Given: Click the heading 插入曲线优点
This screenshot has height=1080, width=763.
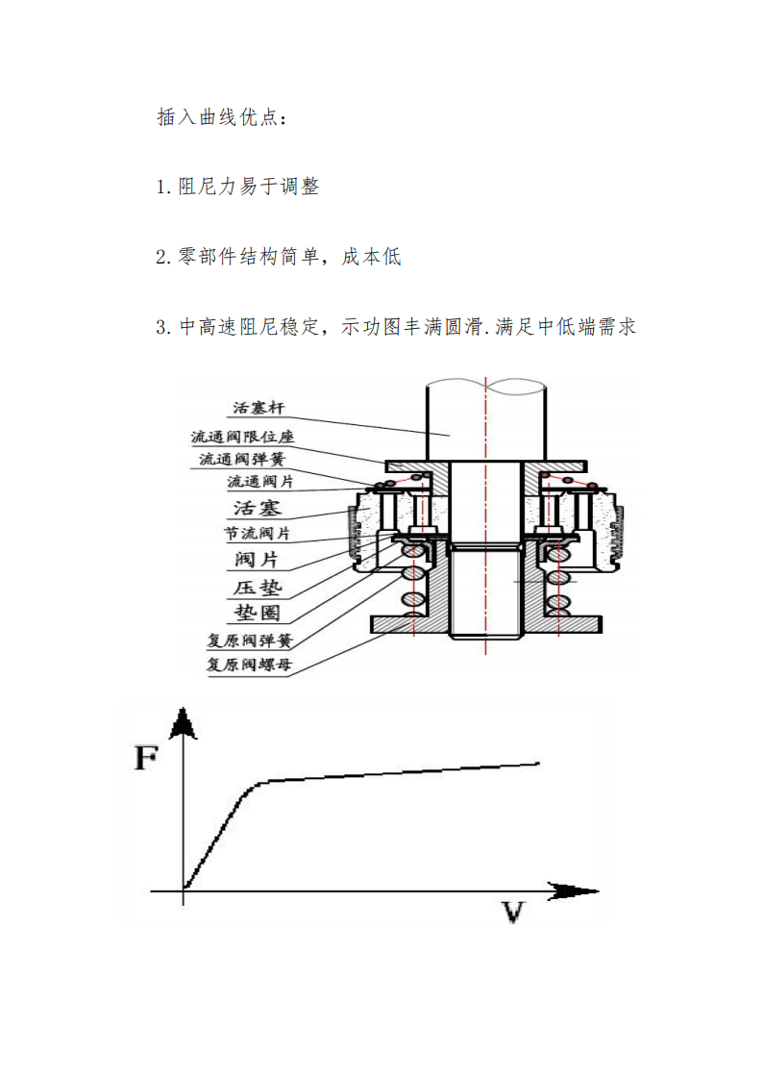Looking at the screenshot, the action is [221, 117].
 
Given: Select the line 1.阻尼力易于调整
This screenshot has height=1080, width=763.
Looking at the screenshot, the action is [237, 186].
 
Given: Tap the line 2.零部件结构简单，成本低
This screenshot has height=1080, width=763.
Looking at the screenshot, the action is [278, 256].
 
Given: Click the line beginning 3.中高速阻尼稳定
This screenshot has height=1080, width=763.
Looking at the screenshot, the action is [396, 326].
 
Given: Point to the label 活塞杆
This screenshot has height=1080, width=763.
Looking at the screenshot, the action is [258, 408].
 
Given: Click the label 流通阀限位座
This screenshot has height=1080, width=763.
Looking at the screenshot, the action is [242, 437].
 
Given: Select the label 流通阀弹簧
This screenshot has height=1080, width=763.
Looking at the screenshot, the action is [242, 459].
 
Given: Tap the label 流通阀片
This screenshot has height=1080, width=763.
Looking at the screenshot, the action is [260, 482].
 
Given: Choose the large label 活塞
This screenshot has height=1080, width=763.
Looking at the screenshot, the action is [257, 508].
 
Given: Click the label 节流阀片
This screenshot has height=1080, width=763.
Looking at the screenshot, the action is [257, 533].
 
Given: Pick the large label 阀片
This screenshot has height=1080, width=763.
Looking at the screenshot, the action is [256, 560].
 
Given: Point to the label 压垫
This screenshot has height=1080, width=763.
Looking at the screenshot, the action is [258, 588].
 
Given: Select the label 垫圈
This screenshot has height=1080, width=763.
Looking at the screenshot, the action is [257, 613].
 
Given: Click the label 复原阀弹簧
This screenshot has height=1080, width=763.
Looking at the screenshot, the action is [250, 640].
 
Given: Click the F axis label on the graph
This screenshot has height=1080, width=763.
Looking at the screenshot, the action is [146, 758].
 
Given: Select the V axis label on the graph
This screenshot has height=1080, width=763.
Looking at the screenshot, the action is [513, 912].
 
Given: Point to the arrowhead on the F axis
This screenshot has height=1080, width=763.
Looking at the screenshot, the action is [183, 723].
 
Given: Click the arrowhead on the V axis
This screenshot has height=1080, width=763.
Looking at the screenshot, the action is [573, 892].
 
